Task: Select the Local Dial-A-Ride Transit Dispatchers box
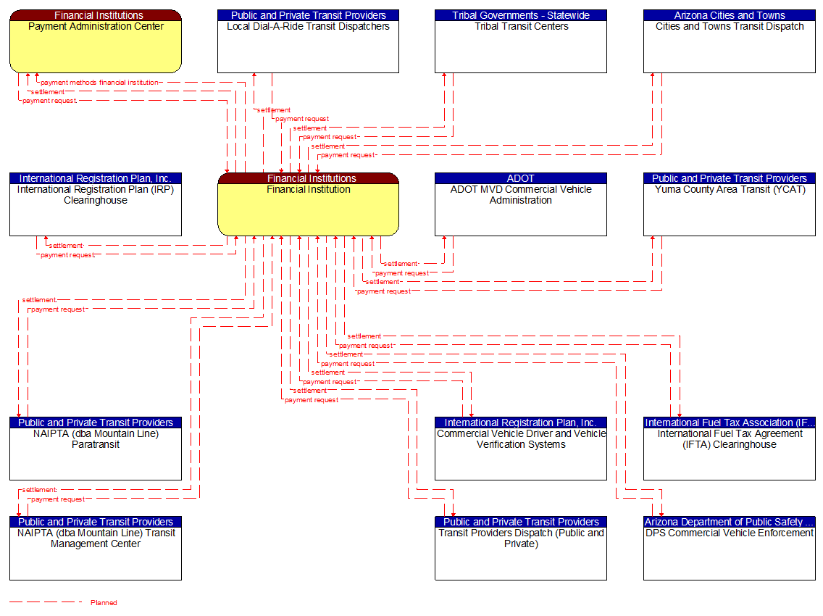pyautogui.click(x=308, y=46)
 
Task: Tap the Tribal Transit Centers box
pyautogui.click(x=521, y=46)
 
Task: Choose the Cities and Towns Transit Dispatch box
pyautogui.click(x=730, y=46)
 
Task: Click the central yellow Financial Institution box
pyautogui.click(x=308, y=209)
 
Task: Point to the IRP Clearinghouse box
pyautogui.click(x=95, y=209)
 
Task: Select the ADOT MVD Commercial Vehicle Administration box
pyautogui.click(x=521, y=209)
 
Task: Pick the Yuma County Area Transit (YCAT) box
pyautogui.click(x=730, y=209)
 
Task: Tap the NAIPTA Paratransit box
pyautogui.click(x=95, y=454)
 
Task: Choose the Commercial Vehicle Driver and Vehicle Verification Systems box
pyautogui.click(x=521, y=454)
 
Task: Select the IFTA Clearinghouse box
pyautogui.click(x=730, y=454)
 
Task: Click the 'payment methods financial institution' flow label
pyautogui.click(x=99, y=83)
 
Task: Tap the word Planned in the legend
pyautogui.click(x=104, y=603)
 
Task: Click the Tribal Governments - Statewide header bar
pyautogui.click(x=521, y=15)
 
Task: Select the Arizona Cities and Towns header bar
pyautogui.click(x=730, y=15)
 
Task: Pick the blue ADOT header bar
pyautogui.click(x=521, y=178)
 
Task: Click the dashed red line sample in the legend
pyautogui.click(x=46, y=602)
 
